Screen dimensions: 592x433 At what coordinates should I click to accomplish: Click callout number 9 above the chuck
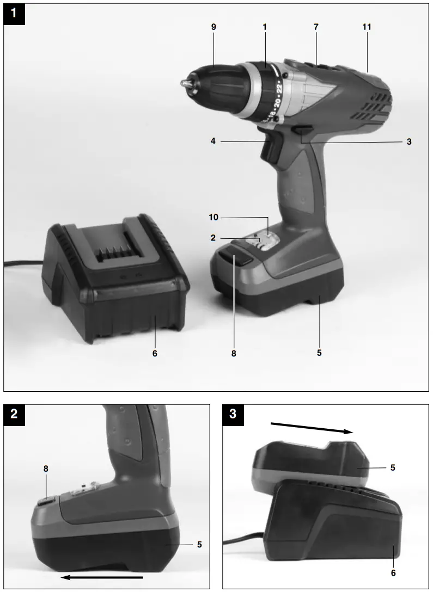point(214,27)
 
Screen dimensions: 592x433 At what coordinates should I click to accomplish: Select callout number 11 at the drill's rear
point(367,27)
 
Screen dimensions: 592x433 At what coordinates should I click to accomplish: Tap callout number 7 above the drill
point(316,27)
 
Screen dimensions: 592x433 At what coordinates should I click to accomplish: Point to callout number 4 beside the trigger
point(214,141)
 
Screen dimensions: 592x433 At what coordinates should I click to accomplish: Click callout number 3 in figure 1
point(408,141)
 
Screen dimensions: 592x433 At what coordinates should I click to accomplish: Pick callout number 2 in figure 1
point(214,238)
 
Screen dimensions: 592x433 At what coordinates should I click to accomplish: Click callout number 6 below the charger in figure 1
point(155,353)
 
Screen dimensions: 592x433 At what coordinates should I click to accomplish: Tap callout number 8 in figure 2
point(46,468)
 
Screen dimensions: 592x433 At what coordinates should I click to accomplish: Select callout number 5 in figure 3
point(393,467)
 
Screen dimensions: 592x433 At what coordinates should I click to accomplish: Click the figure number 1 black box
point(14,15)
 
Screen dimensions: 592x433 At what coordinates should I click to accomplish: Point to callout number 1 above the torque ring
point(265,27)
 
